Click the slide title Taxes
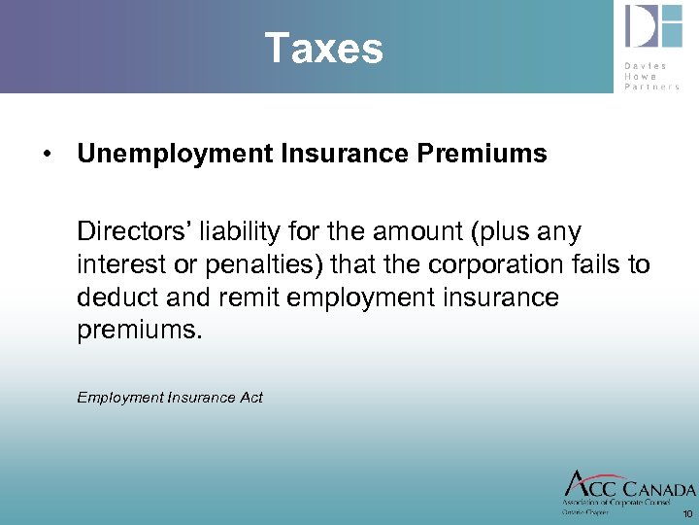click(x=324, y=48)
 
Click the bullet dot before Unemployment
click(x=46, y=155)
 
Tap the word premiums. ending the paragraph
click(x=140, y=331)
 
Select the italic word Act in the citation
click(x=250, y=397)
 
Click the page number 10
click(x=687, y=513)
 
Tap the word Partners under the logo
click(x=652, y=86)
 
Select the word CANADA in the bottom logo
click(x=659, y=489)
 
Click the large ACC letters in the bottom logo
click(x=590, y=486)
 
